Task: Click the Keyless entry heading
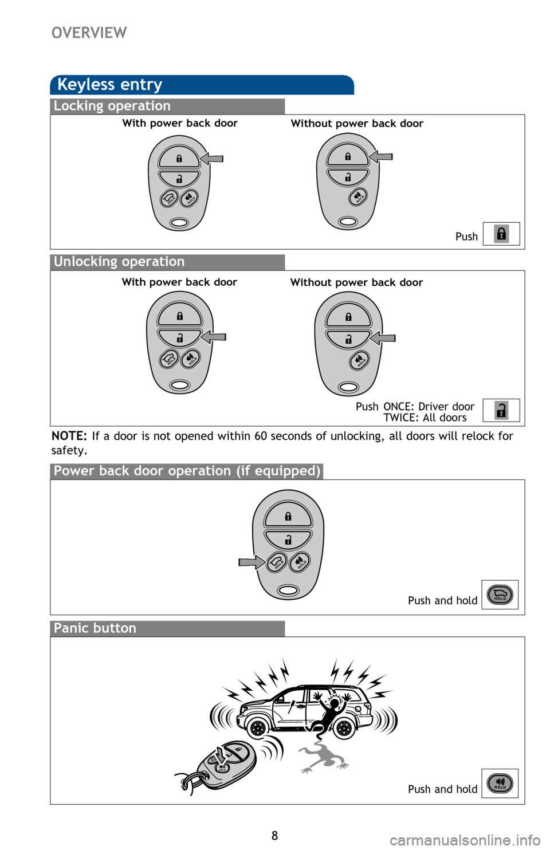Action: pos(110,85)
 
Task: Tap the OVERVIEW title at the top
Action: pos(89,33)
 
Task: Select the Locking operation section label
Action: pos(112,106)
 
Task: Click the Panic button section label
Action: pos(95,628)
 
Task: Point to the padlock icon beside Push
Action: pos(501,234)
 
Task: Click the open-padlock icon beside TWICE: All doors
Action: pos(501,410)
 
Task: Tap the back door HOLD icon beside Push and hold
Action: pos(500,595)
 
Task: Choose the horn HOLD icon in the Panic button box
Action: pos(500,783)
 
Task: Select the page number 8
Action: pos(274,836)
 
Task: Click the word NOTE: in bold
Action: pos(69,436)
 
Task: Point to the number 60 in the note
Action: pos(261,436)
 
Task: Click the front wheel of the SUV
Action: pos(258,728)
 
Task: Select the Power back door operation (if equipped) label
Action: pos(187,471)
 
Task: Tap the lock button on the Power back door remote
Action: pos(288,516)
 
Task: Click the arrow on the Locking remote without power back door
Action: pos(382,156)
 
